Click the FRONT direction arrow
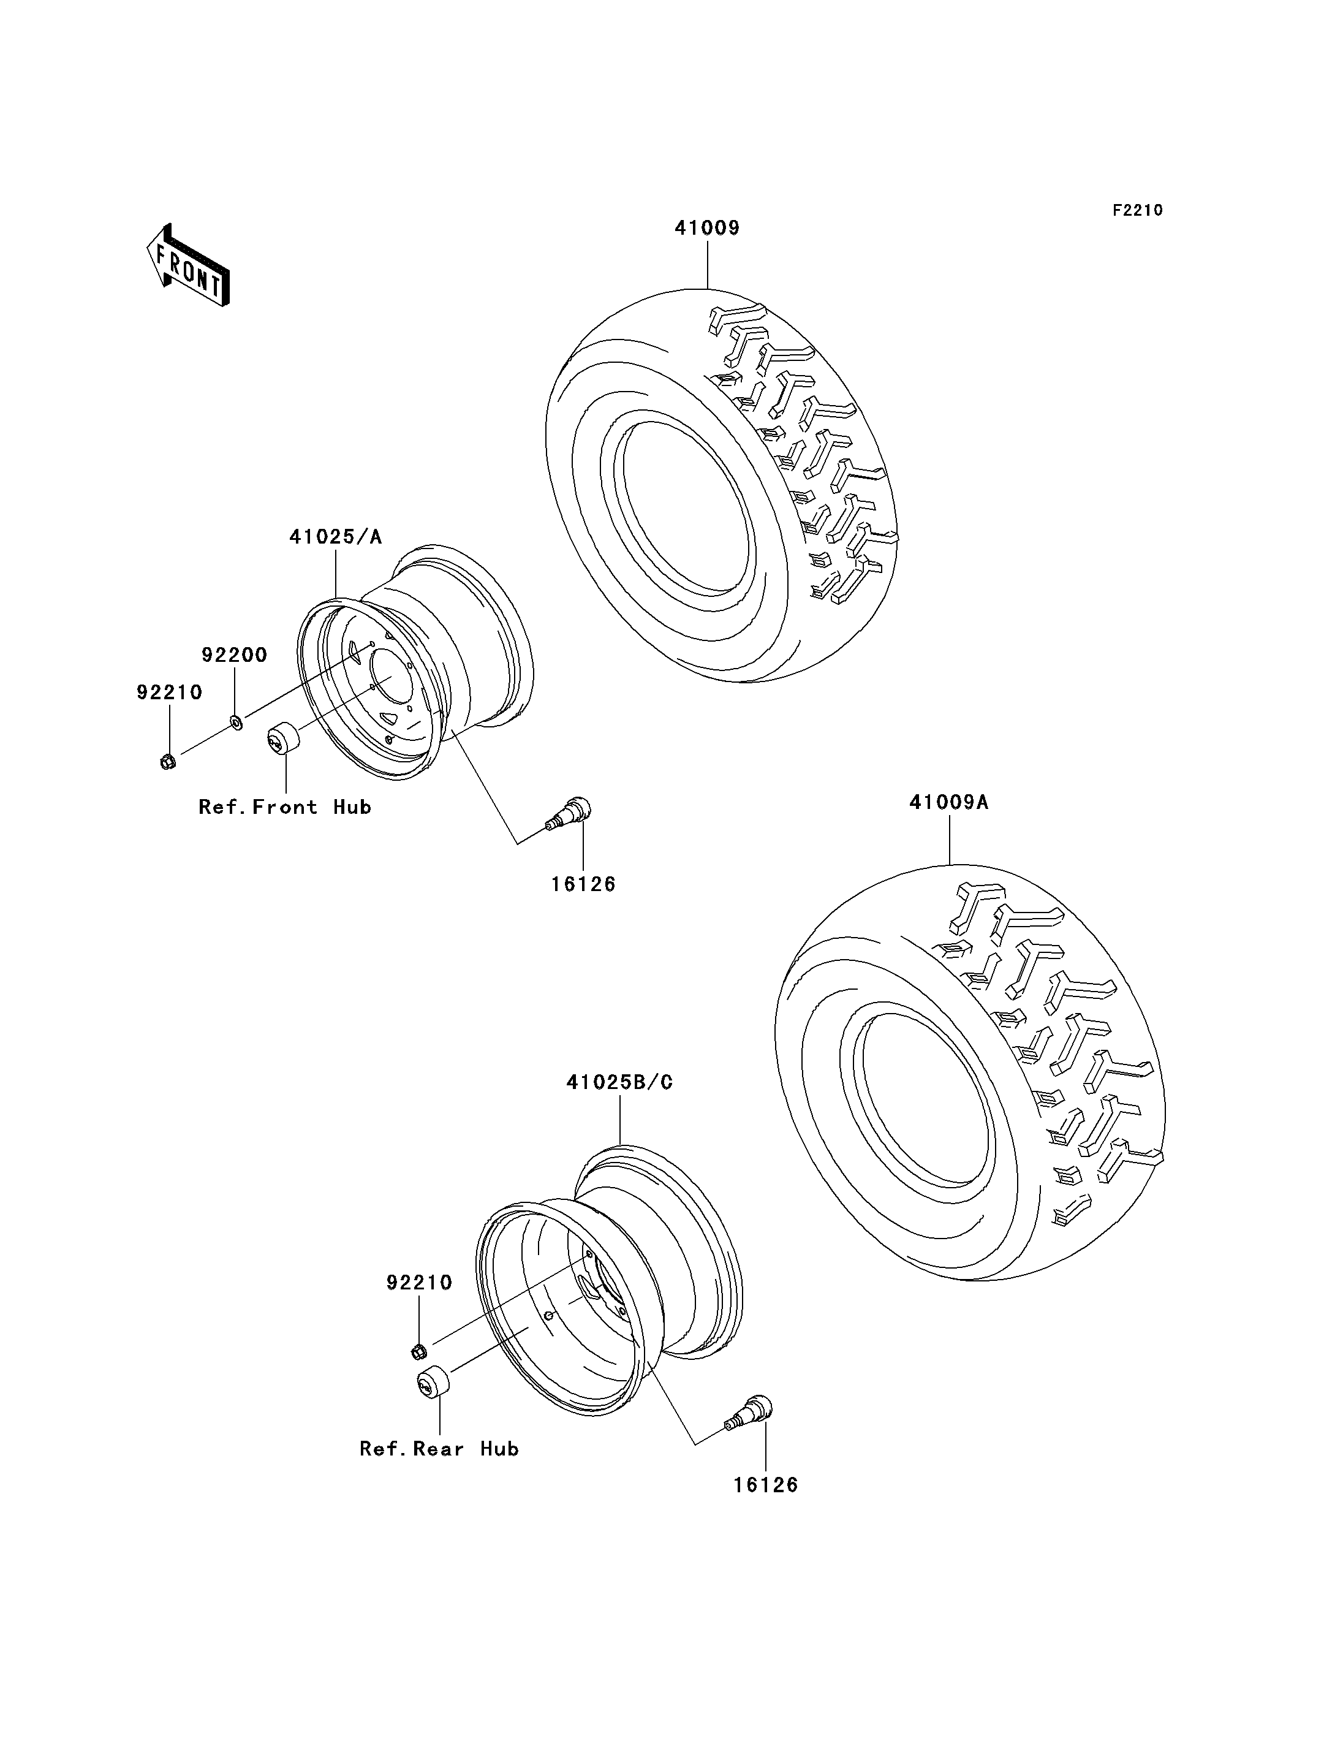pos(189,265)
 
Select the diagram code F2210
pos(1138,210)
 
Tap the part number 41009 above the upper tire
pos(708,228)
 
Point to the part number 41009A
pos(949,802)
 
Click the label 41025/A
pos(336,537)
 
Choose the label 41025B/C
pos(619,1082)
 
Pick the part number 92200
pos(234,655)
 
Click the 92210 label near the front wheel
pos(170,693)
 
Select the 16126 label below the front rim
pos(583,884)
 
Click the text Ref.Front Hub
pos(286,808)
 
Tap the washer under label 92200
pos(236,722)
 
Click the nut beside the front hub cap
pos(168,761)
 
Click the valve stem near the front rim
pos(569,813)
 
